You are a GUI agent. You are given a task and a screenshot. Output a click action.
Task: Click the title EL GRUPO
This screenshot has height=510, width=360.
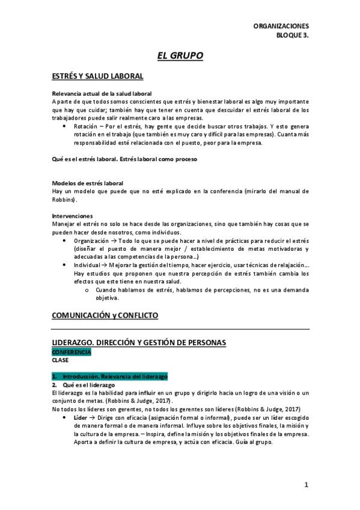(180, 56)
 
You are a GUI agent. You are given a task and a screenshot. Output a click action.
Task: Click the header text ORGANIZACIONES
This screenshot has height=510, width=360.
(281, 26)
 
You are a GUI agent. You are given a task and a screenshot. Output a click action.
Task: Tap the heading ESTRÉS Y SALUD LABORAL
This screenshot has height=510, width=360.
(97, 76)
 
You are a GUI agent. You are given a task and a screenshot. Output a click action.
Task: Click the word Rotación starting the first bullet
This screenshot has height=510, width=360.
(87, 127)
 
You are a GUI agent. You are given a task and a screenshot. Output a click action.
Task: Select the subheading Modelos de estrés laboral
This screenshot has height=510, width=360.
(88, 183)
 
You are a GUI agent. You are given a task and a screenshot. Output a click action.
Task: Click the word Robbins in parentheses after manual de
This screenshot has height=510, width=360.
(64, 199)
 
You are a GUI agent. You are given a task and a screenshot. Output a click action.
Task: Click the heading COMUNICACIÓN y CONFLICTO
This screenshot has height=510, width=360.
(105, 315)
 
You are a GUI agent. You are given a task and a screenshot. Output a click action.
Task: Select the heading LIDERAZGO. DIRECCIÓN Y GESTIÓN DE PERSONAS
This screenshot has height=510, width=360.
(139, 343)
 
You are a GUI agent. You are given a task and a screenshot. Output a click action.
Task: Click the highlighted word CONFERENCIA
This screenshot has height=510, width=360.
(72, 352)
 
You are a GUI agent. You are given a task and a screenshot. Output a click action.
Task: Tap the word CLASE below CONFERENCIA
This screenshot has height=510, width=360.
(60, 360)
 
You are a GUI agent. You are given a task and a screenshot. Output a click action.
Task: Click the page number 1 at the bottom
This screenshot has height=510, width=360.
(306, 485)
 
